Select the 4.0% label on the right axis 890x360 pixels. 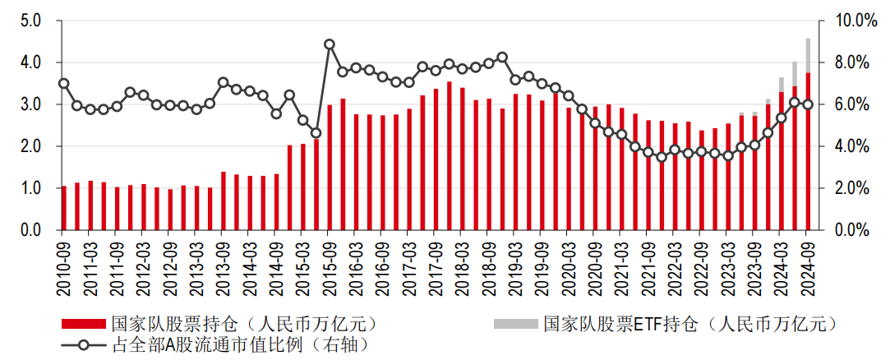(x=850, y=146)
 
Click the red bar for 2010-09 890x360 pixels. (x=64, y=209)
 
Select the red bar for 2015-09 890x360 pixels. (x=330, y=168)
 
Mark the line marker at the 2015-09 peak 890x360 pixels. (x=330, y=44)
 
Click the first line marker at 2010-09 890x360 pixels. (x=64, y=83)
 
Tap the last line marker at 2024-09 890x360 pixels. (x=809, y=104)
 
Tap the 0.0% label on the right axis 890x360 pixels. (x=850, y=231)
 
